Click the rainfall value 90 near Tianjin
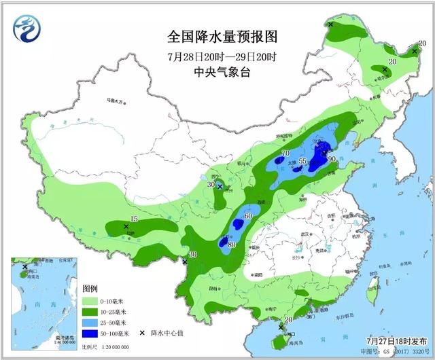click(x=332, y=159)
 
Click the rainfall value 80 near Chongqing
click(x=232, y=245)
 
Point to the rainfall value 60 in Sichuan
click(x=248, y=217)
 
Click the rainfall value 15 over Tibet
click(x=134, y=219)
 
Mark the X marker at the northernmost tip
click(x=330, y=24)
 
